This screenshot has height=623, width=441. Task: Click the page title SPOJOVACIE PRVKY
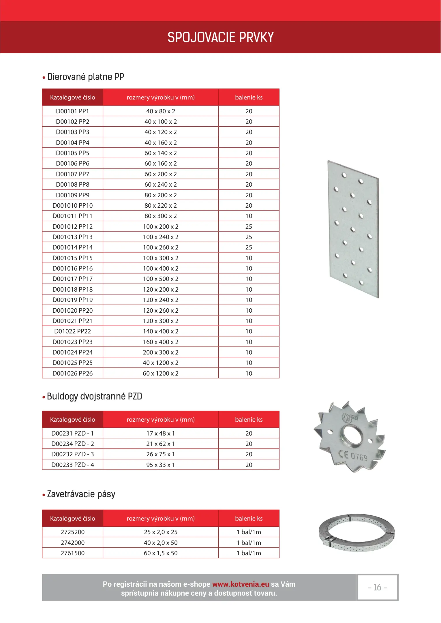220,37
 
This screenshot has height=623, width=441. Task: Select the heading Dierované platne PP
85,77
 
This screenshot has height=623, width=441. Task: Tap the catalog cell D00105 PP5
73,153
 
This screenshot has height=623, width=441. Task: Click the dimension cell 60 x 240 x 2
161,184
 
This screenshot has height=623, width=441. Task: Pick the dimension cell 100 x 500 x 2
161,279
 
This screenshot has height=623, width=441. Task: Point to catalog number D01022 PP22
73,331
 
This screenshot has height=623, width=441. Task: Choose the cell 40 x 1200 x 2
161,363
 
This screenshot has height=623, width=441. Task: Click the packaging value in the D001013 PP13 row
249,237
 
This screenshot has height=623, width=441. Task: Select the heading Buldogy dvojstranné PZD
94,396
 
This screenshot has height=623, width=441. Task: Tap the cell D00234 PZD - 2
73,444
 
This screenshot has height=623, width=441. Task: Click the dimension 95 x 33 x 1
161,465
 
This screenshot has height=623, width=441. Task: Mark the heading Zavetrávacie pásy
81,494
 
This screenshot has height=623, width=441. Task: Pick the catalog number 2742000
73,543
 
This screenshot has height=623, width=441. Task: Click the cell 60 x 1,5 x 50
161,553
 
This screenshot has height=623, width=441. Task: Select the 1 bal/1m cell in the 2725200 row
249,532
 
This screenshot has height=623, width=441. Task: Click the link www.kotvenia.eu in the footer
241,584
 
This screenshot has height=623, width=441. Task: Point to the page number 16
377,588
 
